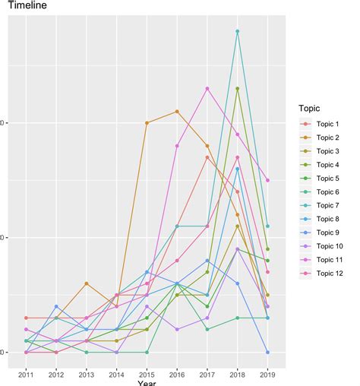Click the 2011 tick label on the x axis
coord(26,374)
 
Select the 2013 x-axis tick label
coord(87,374)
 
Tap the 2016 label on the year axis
coord(177,374)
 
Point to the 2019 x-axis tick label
coord(267,374)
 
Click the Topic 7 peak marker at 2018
coord(238,31)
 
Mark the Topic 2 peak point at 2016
coord(177,112)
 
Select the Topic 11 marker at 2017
coord(207,88)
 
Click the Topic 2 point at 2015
coord(147,123)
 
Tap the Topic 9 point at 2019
coord(267,353)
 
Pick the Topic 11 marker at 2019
coord(267,180)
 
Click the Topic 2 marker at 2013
coord(87,283)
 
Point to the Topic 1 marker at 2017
coord(207,157)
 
